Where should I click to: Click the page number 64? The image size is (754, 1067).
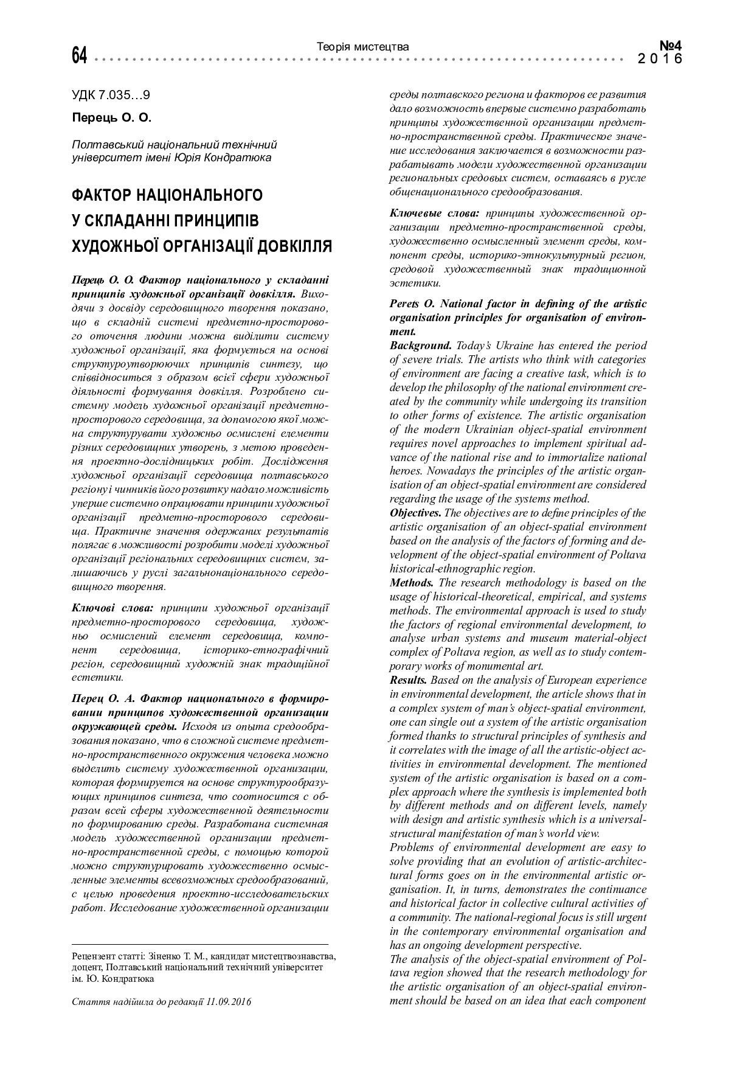[80, 57]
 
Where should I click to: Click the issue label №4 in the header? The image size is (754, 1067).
[671, 46]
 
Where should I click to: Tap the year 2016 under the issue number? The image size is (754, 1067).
[660, 59]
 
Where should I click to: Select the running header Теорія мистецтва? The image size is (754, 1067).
[363, 47]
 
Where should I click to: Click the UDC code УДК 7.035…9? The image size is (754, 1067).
[111, 96]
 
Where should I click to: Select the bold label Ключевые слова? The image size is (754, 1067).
[434, 213]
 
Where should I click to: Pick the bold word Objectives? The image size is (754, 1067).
[416, 513]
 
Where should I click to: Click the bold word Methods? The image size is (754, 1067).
[412, 583]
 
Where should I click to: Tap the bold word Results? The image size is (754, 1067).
[409, 680]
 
